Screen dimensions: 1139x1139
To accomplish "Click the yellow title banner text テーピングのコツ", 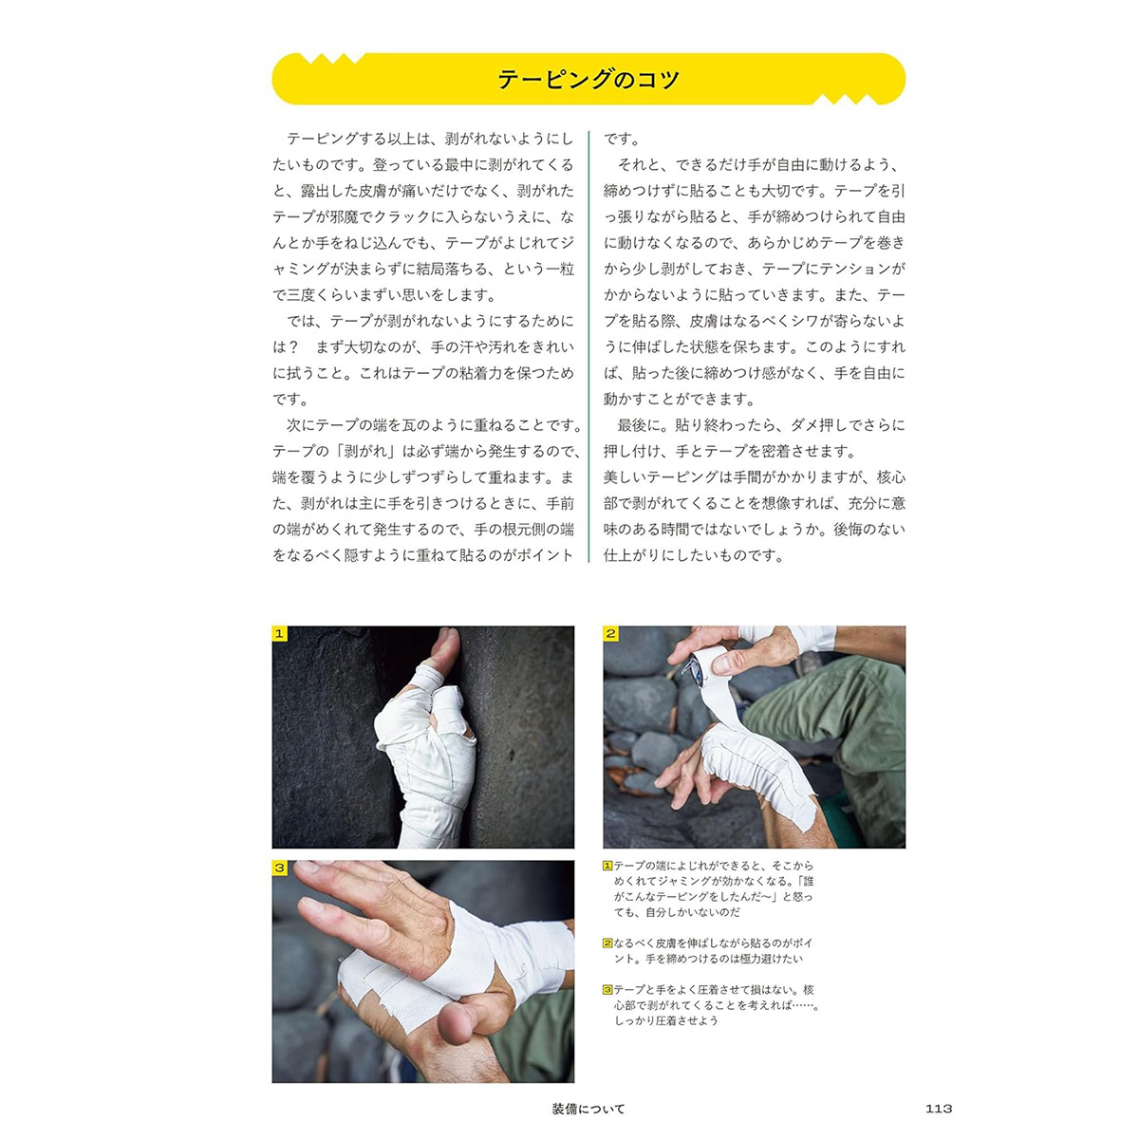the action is tap(588, 79).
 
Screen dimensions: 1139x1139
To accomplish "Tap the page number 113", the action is tap(938, 1109).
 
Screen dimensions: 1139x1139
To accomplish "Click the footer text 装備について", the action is tap(588, 1109).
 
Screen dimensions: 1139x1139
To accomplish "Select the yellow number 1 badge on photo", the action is tap(279, 634).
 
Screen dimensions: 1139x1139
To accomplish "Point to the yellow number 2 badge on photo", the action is tap(610, 634).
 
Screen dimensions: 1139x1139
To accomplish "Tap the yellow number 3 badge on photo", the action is tap(279, 868).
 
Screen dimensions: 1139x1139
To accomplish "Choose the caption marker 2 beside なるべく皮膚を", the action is tap(607, 943).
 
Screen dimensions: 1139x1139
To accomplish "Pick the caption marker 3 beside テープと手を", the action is tap(607, 989).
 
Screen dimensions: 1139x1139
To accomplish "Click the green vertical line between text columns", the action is tap(588, 346).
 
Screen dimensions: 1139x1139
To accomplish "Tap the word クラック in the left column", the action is tap(401, 217).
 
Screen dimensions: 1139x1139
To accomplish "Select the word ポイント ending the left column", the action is tap(545, 555).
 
